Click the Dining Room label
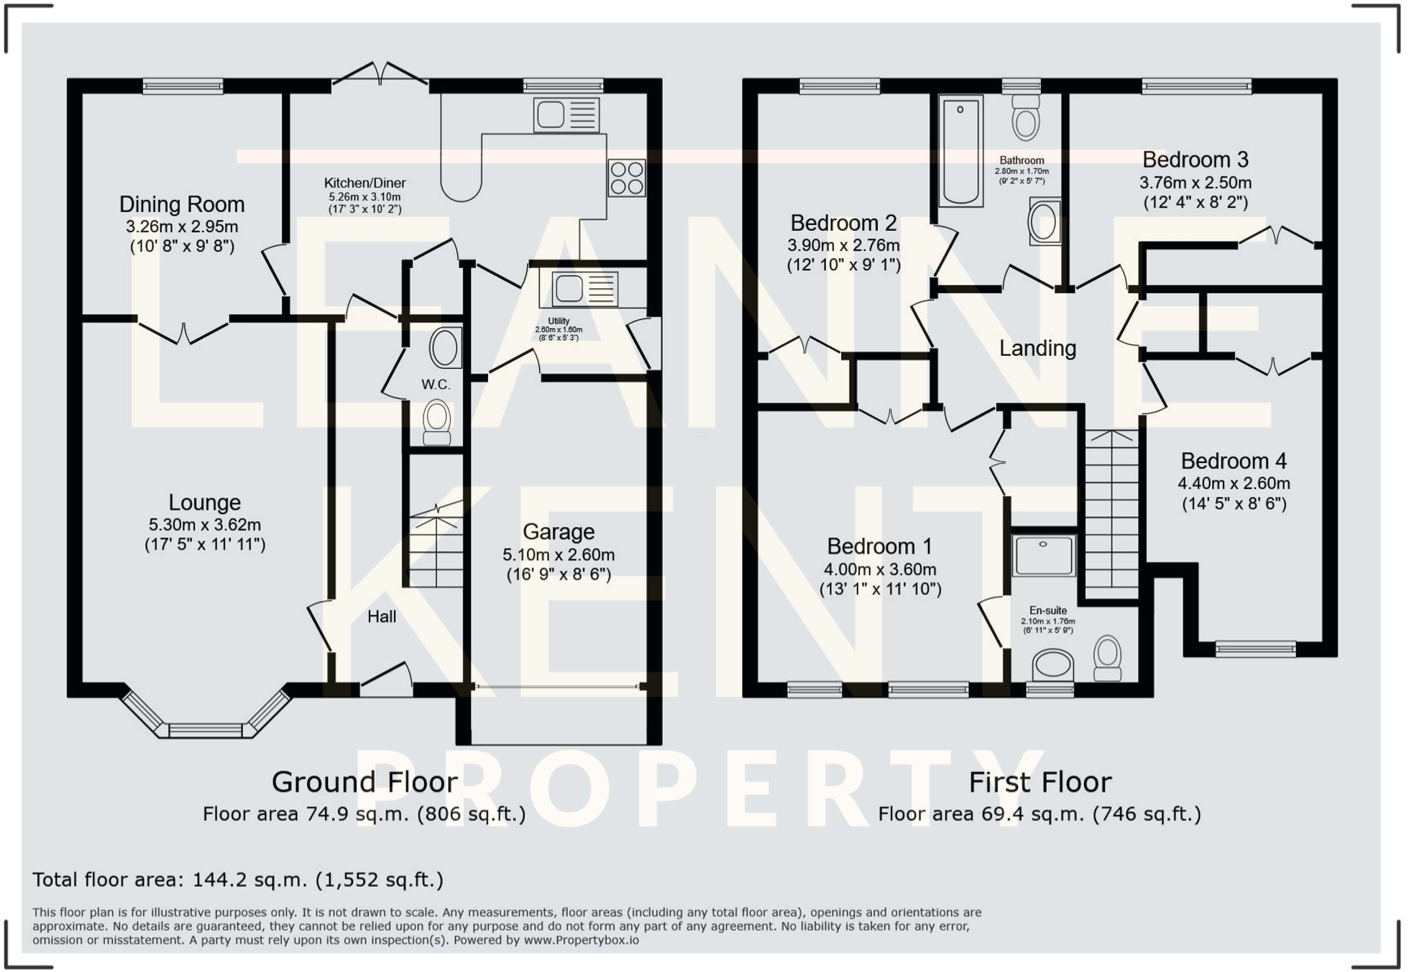coord(182,205)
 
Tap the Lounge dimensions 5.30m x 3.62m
coord(204,525)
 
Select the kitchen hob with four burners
coord(626,178)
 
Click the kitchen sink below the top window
coord(566,115)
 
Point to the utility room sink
coord(584,289)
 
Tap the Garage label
coord(559,532)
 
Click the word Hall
coord(382,616)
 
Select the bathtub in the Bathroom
coord(961,152)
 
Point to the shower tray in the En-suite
coord(1045,555)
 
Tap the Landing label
coord(1037,349)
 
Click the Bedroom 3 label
coord(1195,160)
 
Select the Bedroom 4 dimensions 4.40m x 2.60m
coord(1234,484)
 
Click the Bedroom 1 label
coord(879,546)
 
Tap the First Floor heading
coord(1039,782)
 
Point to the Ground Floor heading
coord(364,782)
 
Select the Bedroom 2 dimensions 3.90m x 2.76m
coord(843,245)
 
